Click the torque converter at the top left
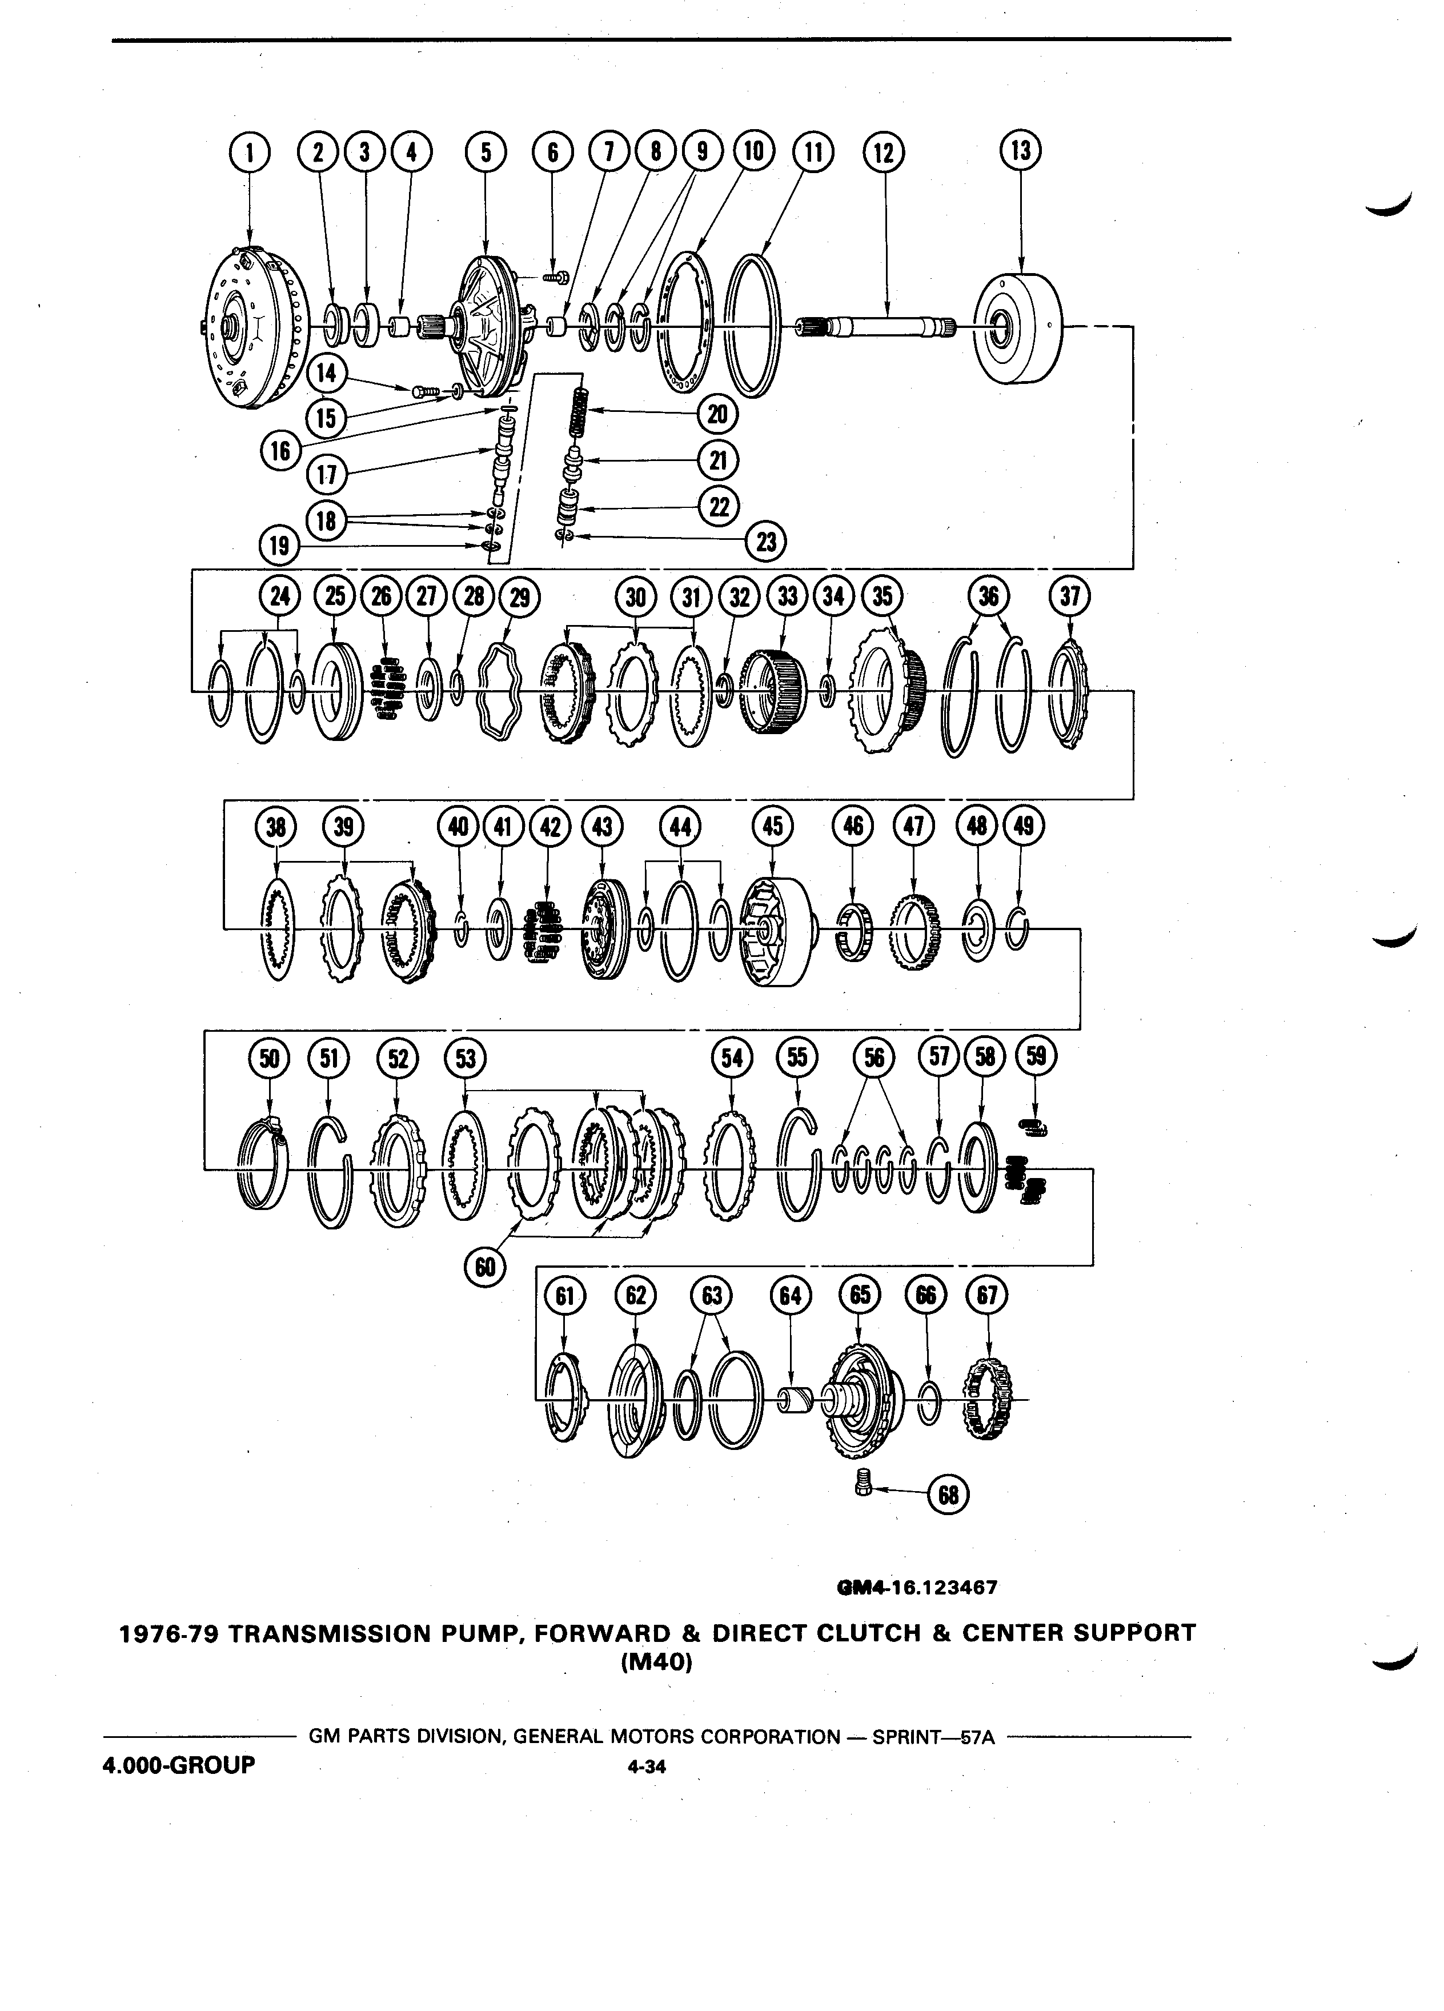(x=254, y=328)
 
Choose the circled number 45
(x=772, y=826)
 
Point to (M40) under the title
(x=656, y=1662)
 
